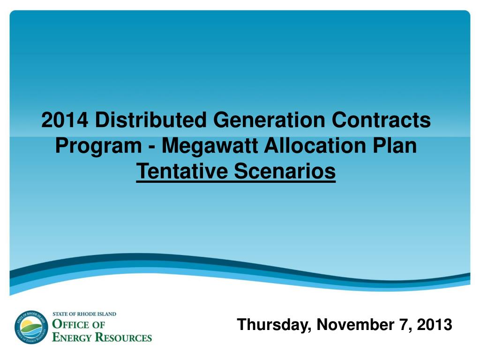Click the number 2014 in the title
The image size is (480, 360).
65,120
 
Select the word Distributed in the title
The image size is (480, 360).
150,120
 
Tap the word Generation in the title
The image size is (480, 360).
269,120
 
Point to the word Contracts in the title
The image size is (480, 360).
381,120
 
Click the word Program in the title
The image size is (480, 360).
98,146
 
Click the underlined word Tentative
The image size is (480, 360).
182,171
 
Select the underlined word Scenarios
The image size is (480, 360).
285,171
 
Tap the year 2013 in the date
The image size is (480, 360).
435,324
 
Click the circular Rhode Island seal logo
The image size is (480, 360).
31,327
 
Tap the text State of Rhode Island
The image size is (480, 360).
84,314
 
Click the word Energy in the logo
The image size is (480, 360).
72,337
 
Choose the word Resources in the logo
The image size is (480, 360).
123,337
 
